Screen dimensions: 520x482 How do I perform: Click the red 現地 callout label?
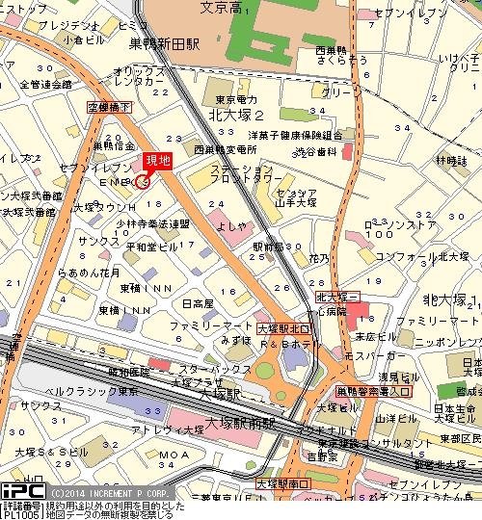coord(158,161)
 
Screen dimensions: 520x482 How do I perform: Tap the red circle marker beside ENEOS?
coord(143,181)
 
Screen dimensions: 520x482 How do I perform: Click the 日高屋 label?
coord(198,303)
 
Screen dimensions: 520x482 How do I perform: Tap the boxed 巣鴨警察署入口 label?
coord(373,392)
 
